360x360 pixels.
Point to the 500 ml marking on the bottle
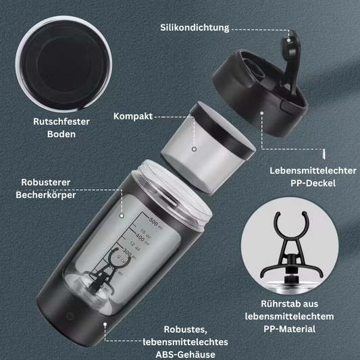point(156,221)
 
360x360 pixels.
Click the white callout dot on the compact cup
point(194,149)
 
